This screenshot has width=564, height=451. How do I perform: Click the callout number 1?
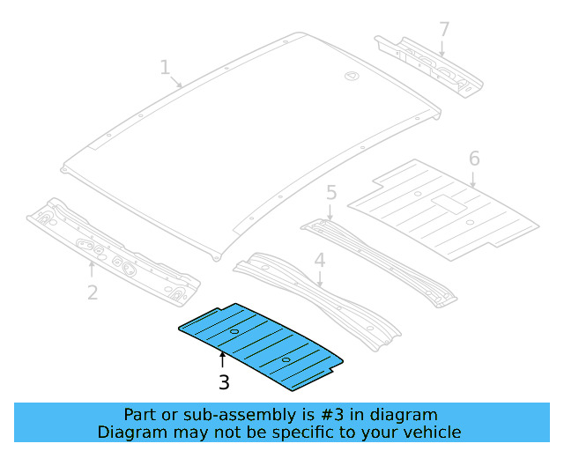coord(164,67)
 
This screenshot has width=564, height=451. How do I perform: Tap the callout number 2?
coord(93,292)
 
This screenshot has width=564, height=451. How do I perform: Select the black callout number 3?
coord(224,382)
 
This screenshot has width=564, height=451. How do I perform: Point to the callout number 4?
coord(320,260)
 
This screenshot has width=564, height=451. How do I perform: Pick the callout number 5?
coord(331,192)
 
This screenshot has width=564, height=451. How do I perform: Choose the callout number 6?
coord(474,159)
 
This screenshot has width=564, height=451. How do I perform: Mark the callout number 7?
coord(444,29)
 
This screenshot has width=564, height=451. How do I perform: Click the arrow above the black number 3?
coord(223,359)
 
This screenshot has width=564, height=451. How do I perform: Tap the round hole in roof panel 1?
coord(351,77)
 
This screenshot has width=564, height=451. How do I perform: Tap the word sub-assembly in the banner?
coord(205,414)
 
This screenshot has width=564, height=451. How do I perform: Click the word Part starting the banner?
coord(139,414)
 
